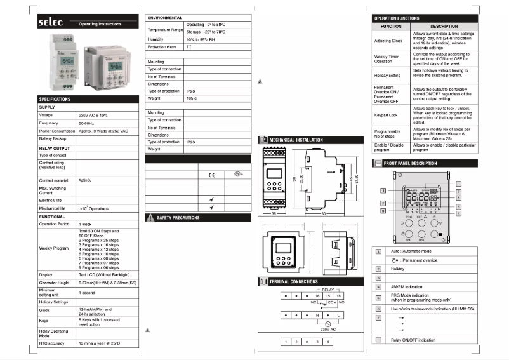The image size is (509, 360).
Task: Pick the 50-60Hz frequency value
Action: click(88, 123)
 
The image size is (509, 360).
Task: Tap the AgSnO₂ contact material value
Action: click(85, 180)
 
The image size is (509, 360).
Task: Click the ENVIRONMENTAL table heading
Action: click(165, 18)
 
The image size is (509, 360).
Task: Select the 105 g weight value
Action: click(191, 98)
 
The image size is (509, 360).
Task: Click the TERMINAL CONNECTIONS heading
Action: click(293, 281)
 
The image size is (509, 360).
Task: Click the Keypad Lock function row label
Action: click(385, 115)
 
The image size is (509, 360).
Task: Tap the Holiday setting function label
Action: click(387, 75)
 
